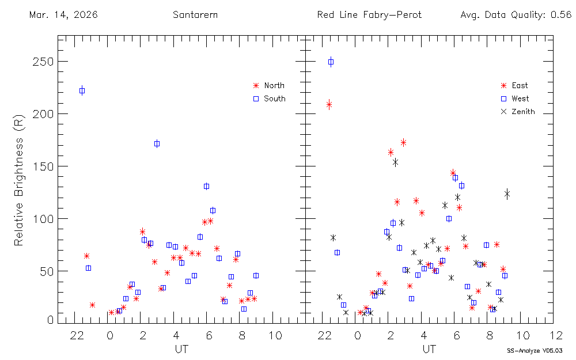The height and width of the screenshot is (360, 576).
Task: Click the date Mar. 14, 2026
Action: (63, 15)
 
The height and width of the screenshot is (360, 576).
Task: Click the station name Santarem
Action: (195, 15)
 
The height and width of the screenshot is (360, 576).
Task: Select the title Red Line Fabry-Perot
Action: (369, 15)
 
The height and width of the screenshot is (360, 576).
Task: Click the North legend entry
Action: (274, 85)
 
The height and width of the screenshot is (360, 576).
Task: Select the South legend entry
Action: (274, 98)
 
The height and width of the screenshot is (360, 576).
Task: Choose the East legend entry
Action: (519, 86)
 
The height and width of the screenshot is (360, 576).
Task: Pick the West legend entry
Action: (520, 99)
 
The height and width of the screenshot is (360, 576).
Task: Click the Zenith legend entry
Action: (523, 112)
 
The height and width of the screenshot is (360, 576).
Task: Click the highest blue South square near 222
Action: (82, 90)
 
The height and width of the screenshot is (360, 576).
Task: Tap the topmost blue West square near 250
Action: (331, 62)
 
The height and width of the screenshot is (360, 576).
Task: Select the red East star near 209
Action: (329, 104)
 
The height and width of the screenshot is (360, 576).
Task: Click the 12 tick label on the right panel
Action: (556, 335)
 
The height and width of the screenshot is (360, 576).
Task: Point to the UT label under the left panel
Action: (180, 348)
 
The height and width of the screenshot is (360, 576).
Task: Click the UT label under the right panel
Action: (428, 348)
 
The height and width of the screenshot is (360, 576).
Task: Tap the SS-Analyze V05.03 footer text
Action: (535, 350)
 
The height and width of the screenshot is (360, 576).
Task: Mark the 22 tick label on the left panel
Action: (77, 335)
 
